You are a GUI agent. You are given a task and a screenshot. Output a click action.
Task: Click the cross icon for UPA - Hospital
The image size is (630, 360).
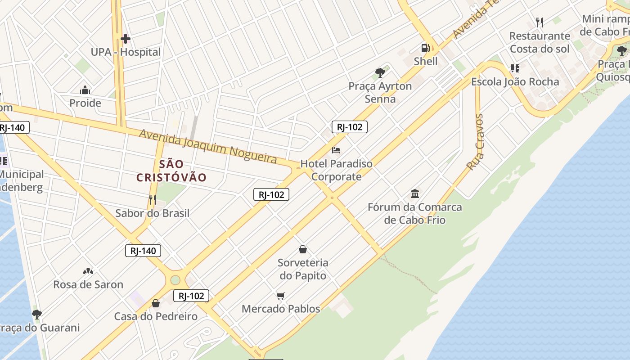point(126,39)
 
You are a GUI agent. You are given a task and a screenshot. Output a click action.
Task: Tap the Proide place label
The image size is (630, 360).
point(85,103)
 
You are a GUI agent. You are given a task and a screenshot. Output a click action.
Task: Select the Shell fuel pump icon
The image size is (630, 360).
point(425,48)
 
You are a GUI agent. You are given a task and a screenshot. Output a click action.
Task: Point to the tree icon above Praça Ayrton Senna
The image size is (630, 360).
point(380,72)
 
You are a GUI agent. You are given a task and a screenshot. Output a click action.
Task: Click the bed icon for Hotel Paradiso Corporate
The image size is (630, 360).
point(336,150)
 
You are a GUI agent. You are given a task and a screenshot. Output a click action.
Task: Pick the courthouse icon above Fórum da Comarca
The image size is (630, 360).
point(415,194)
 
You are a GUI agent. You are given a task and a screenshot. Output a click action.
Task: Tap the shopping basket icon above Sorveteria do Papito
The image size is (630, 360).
point(303,249)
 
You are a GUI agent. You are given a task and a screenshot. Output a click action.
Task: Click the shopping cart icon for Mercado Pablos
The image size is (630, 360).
point(281,296)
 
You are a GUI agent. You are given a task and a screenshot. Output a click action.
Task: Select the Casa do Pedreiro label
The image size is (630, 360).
point(156,316)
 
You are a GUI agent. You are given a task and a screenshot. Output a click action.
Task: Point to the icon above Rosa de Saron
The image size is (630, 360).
point(88,271)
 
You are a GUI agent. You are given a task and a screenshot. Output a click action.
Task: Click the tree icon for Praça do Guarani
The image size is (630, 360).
point(37,314)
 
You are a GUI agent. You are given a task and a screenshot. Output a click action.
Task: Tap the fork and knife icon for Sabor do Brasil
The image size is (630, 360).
point(153,199)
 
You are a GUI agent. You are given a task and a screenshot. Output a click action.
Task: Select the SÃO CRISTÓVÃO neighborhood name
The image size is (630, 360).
point(171,171)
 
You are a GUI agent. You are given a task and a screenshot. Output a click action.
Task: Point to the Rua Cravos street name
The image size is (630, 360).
point(476,142)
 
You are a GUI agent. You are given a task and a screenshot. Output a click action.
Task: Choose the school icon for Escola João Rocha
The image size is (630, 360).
point(515,68)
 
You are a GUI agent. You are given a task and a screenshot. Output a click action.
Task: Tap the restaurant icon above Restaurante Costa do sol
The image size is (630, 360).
point(540,22)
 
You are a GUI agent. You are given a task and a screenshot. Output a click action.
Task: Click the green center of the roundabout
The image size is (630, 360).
point(175,280)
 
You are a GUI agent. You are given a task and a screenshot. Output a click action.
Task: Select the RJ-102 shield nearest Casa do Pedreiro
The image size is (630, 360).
point(191,296)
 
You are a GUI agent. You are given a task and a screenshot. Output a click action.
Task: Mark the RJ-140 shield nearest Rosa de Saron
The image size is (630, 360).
point(143,251)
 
